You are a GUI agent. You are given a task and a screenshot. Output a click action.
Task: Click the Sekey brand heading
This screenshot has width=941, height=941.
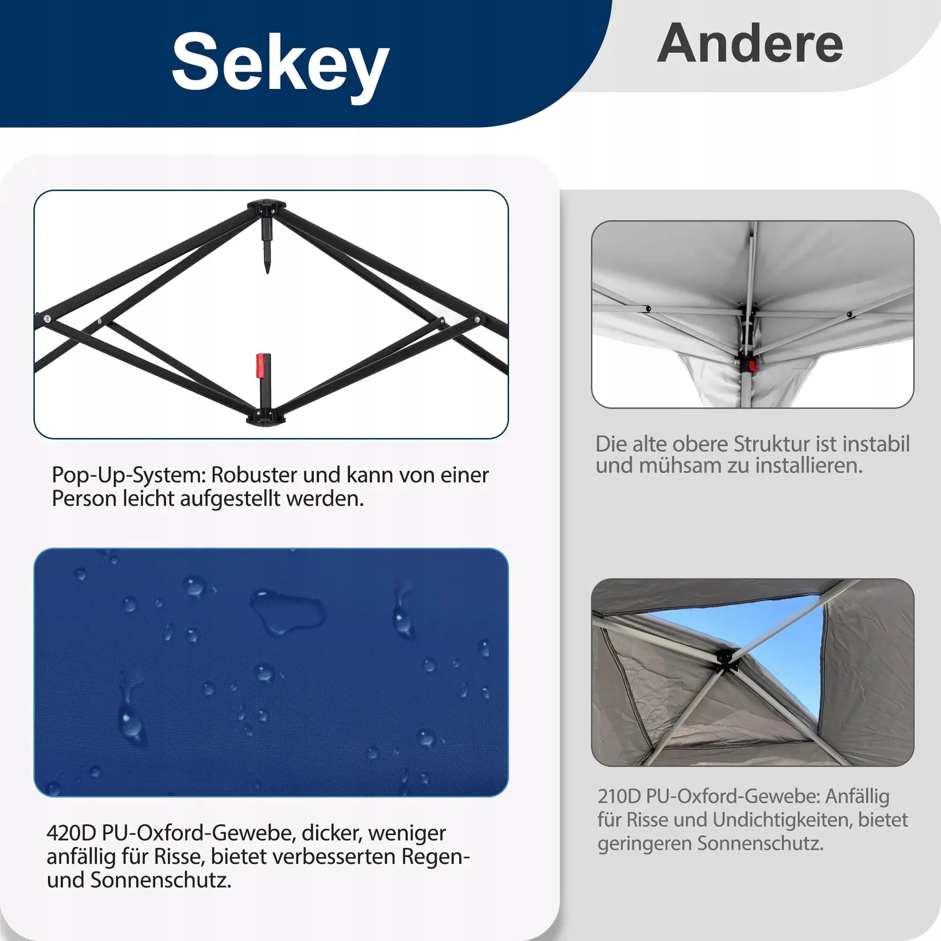click(280, 64)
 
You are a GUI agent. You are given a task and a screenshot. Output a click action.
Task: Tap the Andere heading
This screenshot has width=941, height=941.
click(750, 44)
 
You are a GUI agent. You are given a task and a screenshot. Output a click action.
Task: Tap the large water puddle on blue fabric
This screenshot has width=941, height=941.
click(287, 612)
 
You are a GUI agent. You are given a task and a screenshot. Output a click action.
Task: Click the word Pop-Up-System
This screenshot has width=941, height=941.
click(129, 475)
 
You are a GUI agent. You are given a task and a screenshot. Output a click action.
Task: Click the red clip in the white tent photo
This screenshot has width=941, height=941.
click(752, 365)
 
